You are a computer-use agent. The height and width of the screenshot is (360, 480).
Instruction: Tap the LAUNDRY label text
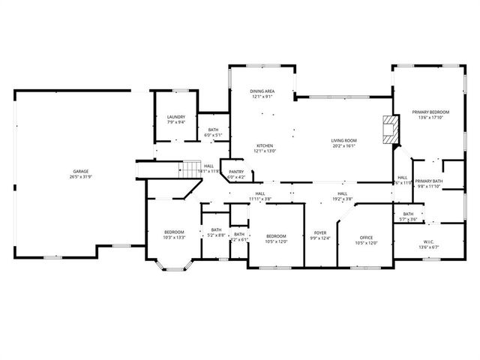176,117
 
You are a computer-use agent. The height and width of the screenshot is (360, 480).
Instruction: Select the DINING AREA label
262,91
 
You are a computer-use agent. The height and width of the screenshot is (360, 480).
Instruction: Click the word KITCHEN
265,145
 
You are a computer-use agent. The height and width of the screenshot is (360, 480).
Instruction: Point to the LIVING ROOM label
344,140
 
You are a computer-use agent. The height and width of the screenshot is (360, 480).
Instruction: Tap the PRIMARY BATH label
429,181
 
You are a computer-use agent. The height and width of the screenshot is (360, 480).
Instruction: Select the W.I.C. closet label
428,241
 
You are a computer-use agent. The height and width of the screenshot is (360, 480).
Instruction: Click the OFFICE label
366,237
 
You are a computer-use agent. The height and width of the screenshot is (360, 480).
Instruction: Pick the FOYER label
320,233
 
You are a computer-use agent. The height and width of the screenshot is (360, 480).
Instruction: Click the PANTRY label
235,172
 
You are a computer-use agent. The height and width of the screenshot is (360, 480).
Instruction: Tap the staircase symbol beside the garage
192,169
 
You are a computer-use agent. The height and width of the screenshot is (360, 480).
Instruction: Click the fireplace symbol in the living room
389,128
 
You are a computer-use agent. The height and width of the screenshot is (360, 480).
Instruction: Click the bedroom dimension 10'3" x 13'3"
173,237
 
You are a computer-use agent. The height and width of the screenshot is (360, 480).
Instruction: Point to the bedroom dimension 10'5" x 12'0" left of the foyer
276,241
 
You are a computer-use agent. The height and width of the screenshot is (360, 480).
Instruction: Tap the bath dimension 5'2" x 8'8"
216,235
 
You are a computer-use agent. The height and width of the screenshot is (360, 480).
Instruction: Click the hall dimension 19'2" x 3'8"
342,199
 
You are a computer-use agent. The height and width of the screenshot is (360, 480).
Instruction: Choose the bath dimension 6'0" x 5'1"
214,135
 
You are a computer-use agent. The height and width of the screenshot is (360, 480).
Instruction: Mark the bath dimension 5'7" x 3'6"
408,219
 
